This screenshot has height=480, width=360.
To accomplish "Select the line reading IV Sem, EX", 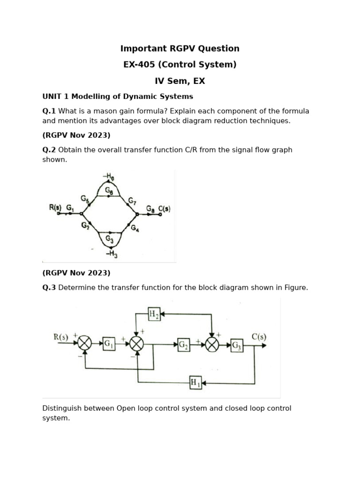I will point(180,81).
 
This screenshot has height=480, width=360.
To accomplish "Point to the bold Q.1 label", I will point(49,111).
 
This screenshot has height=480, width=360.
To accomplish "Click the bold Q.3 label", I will point(49,288).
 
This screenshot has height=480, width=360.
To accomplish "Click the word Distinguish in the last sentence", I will point(62,408).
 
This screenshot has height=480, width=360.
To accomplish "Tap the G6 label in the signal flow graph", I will point(109,191).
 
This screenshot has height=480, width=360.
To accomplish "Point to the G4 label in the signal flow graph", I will point(135,228).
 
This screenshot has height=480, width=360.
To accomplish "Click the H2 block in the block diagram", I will point(154,314).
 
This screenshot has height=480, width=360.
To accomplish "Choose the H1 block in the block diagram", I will point(195,383).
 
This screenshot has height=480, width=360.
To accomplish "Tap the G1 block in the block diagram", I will point(109,344).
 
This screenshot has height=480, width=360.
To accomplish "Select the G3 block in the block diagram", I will point(237,346).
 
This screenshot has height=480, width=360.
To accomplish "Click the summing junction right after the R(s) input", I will point(85,344).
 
